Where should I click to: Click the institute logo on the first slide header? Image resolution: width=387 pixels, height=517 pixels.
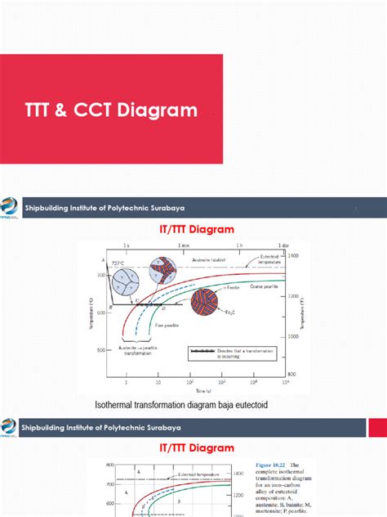click(10, 207)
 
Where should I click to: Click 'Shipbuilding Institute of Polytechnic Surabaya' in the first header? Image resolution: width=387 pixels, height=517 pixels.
click(105, 208)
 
